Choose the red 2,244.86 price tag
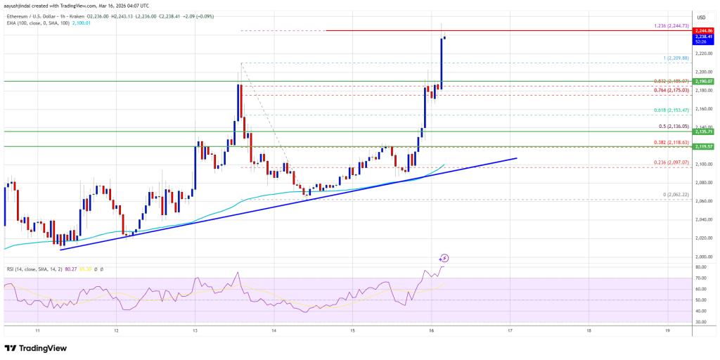pyautogui.click(x=704, y=31)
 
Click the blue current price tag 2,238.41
pyautogui.click(x=704, y=37)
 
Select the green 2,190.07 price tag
pyautogui.click(x=704, y=82)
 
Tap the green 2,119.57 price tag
pyautogui.click(x=704, y=146)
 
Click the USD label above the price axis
pyautogui.click(x=701, y=17)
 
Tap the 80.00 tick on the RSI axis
pyautogui.click(x=702, y=267)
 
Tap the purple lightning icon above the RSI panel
pyautogui.click(x=444, y=258)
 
